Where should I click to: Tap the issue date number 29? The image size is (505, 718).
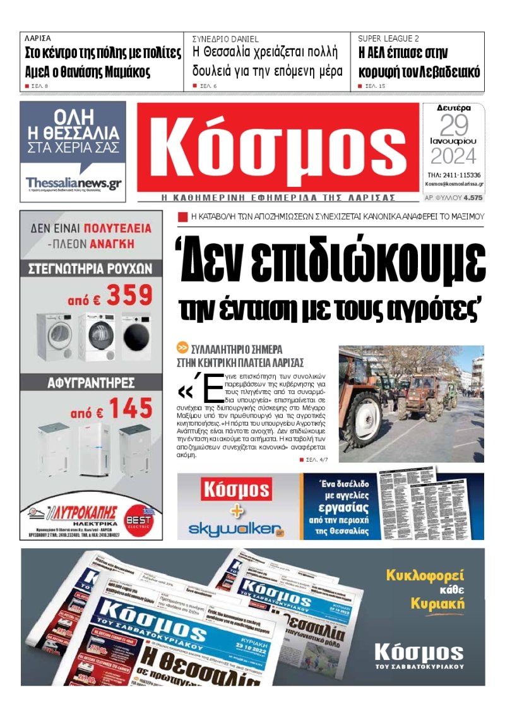tap(454, 126)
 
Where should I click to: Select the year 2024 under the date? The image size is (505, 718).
tap(453, 155)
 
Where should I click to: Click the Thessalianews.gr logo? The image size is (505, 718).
tap(73, 183)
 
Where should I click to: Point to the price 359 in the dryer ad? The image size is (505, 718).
tap(129, 295)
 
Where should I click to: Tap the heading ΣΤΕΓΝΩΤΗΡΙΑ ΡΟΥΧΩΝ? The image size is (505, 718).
tap(90, 268)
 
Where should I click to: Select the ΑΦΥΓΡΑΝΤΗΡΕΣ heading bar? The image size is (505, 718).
tap(90, 382)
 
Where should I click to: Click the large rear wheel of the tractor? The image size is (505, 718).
tap(359, 417)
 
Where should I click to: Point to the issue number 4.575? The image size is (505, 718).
tap(472, 198)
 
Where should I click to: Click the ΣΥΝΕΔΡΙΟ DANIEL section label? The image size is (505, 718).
tap(225, 39)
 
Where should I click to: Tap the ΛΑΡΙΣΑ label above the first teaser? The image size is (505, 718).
tap(38, 39)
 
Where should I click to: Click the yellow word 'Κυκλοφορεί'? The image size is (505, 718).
tap(425, 575)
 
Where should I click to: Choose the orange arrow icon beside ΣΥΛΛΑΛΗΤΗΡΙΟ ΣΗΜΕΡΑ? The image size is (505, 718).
tap(182, 348)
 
